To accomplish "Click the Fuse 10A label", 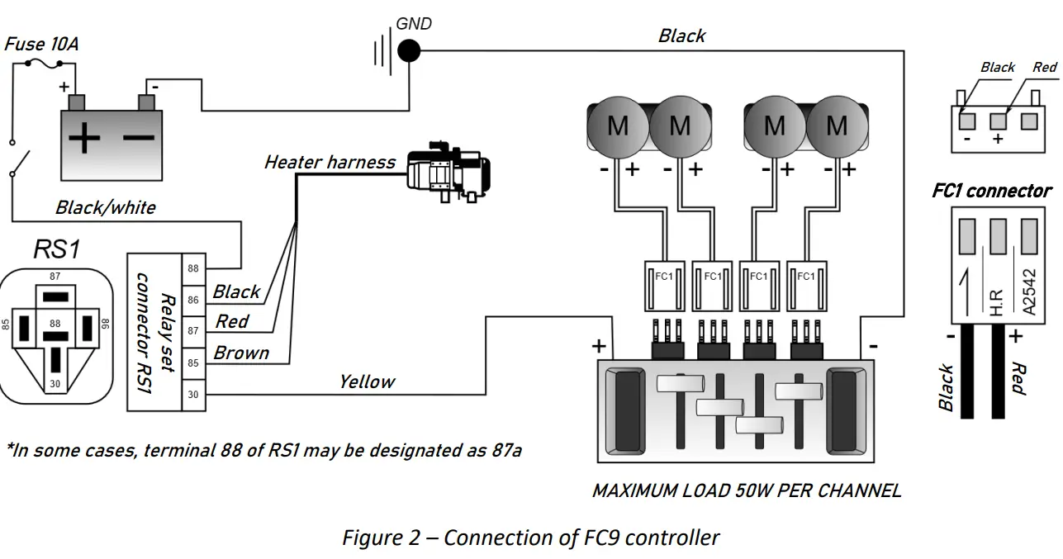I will tap(42, 43).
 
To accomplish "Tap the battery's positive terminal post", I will tap(76, 102).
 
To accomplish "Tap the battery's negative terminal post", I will tap(147, 102).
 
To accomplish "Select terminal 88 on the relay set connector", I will tap(192, 268).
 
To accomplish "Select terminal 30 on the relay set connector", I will tap(192, 395).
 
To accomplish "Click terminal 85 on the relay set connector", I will tap(192, 362).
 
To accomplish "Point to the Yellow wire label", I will tap(366, 381).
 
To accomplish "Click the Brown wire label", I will tap(241, 353).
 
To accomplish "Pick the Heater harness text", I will tap(330, 162).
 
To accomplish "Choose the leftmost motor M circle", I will tap(618, 126).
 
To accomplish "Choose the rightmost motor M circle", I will tap(837, 126).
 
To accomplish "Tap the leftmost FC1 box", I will tap(663, 283).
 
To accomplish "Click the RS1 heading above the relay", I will tap(57, 249).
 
